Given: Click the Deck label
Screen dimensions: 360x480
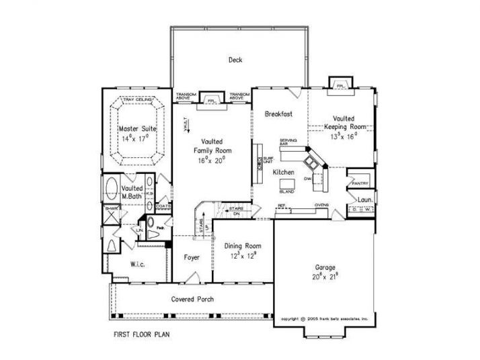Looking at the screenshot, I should point(235,60).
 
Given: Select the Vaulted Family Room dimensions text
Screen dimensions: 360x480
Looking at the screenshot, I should point(212,161).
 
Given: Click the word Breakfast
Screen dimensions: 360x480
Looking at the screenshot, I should point(278,114).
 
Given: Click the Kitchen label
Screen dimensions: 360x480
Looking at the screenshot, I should point(284,173).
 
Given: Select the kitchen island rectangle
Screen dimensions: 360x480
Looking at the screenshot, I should point(287,183).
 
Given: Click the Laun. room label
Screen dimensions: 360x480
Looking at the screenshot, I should point(365,199).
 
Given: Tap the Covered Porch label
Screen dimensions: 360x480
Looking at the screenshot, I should point(193,299).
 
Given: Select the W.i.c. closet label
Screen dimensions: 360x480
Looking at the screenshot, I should point(138,264).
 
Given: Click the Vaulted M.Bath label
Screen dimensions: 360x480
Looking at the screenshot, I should point(132,192).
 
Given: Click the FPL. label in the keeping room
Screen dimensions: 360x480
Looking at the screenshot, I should point(341,86).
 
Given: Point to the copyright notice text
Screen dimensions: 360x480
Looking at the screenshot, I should point(325,318).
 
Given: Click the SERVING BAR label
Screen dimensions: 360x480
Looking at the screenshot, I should point(288,143).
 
